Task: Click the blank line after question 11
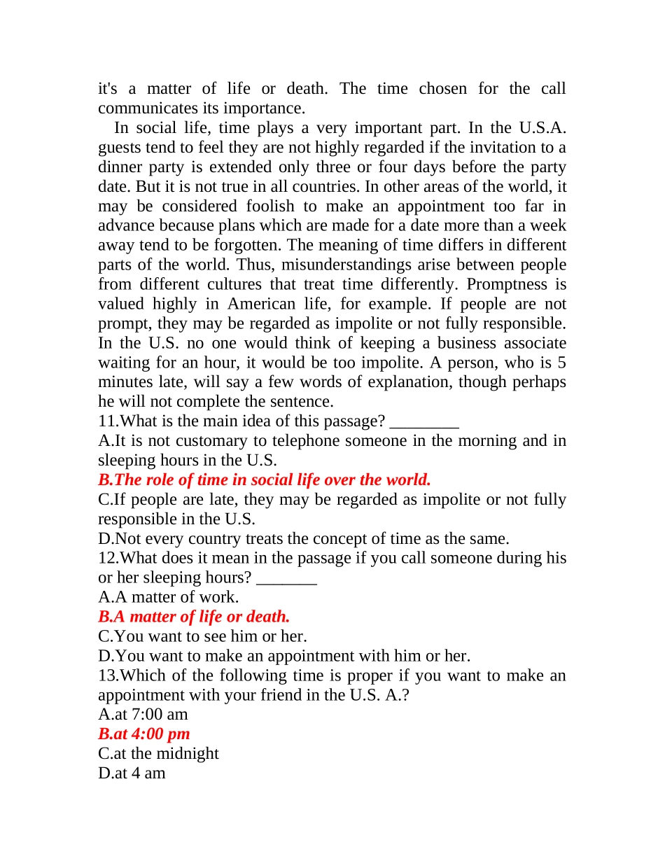click(x=423, y=422)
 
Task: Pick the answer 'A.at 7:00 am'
click(x=143, y=714)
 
